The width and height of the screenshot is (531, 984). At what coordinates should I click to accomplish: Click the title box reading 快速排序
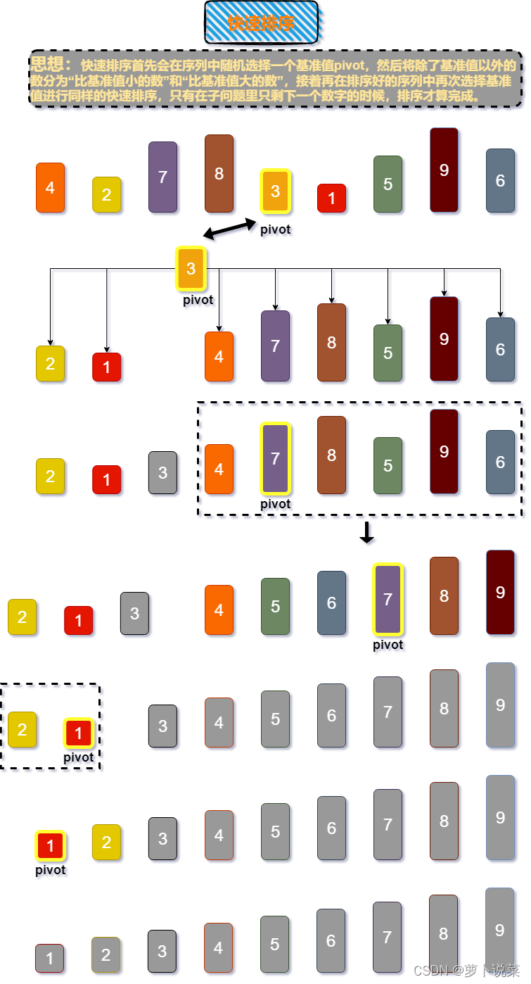tap(261, 23)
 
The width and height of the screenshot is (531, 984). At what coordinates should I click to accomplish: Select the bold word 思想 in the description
tap(48, 64)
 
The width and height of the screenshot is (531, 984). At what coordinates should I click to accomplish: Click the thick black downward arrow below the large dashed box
tap(366, 532)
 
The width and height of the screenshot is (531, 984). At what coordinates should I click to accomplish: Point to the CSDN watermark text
tap(465, 971)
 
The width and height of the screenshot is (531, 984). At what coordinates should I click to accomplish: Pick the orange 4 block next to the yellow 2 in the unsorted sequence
tap(50, 187)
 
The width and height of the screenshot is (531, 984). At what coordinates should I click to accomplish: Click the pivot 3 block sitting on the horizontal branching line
tap(191, 268)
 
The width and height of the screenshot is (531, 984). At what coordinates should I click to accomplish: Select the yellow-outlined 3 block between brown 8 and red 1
tap(275, 191)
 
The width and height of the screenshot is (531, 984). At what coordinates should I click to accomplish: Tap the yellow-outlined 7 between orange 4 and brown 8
tap(275, 458)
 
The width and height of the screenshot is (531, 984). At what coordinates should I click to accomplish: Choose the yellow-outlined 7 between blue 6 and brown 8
tap(388, 599)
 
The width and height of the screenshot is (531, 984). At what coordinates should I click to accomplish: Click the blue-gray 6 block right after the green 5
tap(331, 603)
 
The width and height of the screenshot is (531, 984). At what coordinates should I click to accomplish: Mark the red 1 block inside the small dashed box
tap(78, 733)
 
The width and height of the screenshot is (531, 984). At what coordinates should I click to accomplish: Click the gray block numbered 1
tap(50, 958)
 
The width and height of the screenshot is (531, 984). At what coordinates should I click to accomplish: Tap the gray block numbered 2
tap(106, 954)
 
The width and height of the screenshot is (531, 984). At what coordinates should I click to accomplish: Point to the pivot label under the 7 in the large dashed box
tap(275, 504)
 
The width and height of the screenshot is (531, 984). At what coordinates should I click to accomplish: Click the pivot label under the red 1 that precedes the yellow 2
tap(50, 870)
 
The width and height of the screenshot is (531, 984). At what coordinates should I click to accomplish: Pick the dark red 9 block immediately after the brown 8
tap(500, 592)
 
